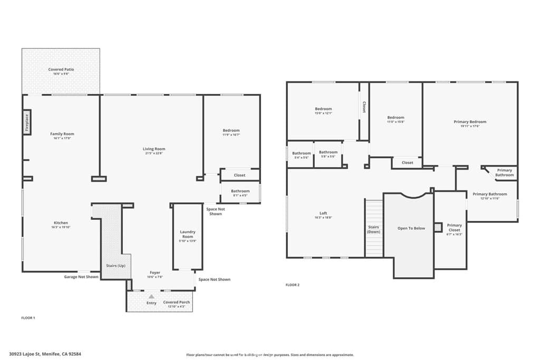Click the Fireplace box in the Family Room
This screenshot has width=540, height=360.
(26, 123)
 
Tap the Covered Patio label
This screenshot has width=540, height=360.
(61, 70)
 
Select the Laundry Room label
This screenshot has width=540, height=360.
(188, 234)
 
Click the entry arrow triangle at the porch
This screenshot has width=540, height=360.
(151, 297)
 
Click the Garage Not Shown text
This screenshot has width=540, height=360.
(81, 276)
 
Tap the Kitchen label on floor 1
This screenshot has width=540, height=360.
(61, 222)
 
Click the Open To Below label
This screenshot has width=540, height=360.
(411, 228)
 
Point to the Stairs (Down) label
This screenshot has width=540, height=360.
(374, 229)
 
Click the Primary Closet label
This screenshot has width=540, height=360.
(454, 227)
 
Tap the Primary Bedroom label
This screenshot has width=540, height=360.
(470, 122)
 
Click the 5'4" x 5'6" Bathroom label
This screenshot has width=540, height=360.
(302, 153)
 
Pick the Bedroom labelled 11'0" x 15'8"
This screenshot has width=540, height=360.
(396, 118)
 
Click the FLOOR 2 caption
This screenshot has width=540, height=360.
(292, 285)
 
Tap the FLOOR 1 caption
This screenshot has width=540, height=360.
(27, 318)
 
